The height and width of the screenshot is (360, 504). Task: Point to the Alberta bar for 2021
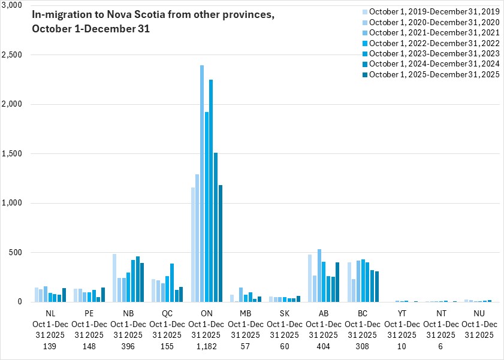319,276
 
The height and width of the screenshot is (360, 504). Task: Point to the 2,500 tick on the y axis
12,55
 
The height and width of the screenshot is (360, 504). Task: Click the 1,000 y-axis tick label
12,203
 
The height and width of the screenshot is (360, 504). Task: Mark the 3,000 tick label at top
12,5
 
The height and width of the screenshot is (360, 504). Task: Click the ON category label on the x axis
207,313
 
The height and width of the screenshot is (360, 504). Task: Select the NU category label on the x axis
479,313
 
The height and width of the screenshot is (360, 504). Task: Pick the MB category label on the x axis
246,313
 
